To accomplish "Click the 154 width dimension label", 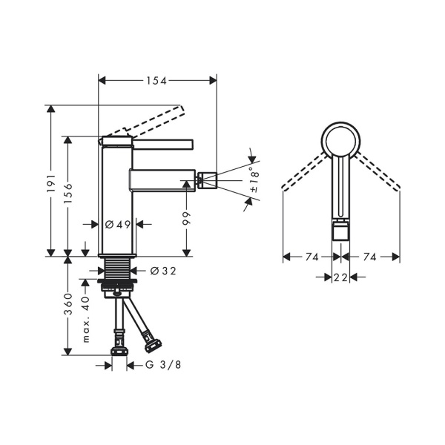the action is coord(156,81).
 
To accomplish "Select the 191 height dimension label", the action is coord(51,184).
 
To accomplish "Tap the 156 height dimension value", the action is coord(68,194).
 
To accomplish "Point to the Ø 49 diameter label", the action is coord(118,225).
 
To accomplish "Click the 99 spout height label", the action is coord(187,218).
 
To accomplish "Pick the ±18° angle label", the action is coord(255,180).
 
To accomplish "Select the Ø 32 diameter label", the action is coord(163,271).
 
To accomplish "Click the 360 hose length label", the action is coord(68,304).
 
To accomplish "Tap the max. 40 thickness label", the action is coord(86,319).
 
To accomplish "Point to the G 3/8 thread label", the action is coord(163,365).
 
